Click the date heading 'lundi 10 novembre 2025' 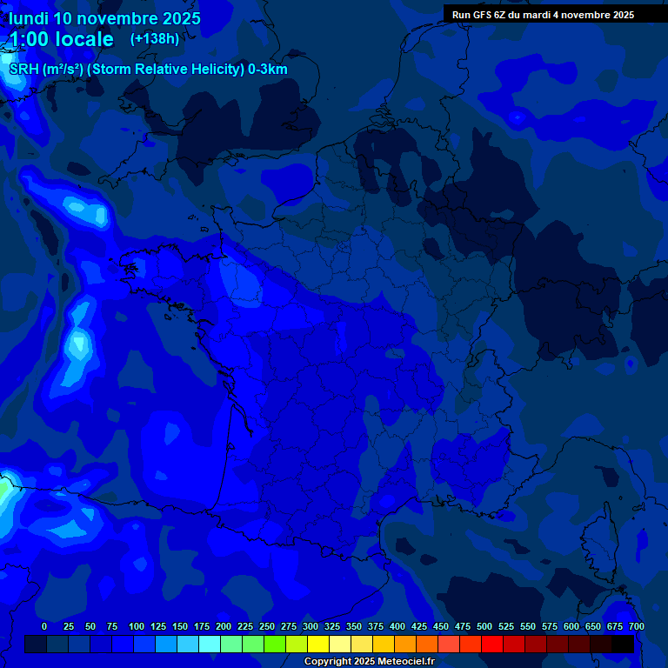(x=104, y=18)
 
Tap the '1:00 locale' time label (x=62, y=40)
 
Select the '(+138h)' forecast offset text (x=154, y=39)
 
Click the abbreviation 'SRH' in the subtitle (x=24, y=70)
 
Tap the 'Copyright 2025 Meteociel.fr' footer (x=369, y=662)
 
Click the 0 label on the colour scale (x=44, y=626)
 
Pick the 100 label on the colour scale (x=137, y=626)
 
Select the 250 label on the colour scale (x=267, y=626)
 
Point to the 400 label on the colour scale (x=397, y=626)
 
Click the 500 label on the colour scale (x=484, y=626)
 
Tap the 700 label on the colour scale (x=636, y=626)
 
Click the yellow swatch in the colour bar (x=318, y=645)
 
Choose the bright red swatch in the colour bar (x=492, y=645)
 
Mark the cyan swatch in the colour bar (x=210, y=645)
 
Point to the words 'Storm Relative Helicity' (x=162, y=70)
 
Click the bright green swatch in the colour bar (x=275, y=645)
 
